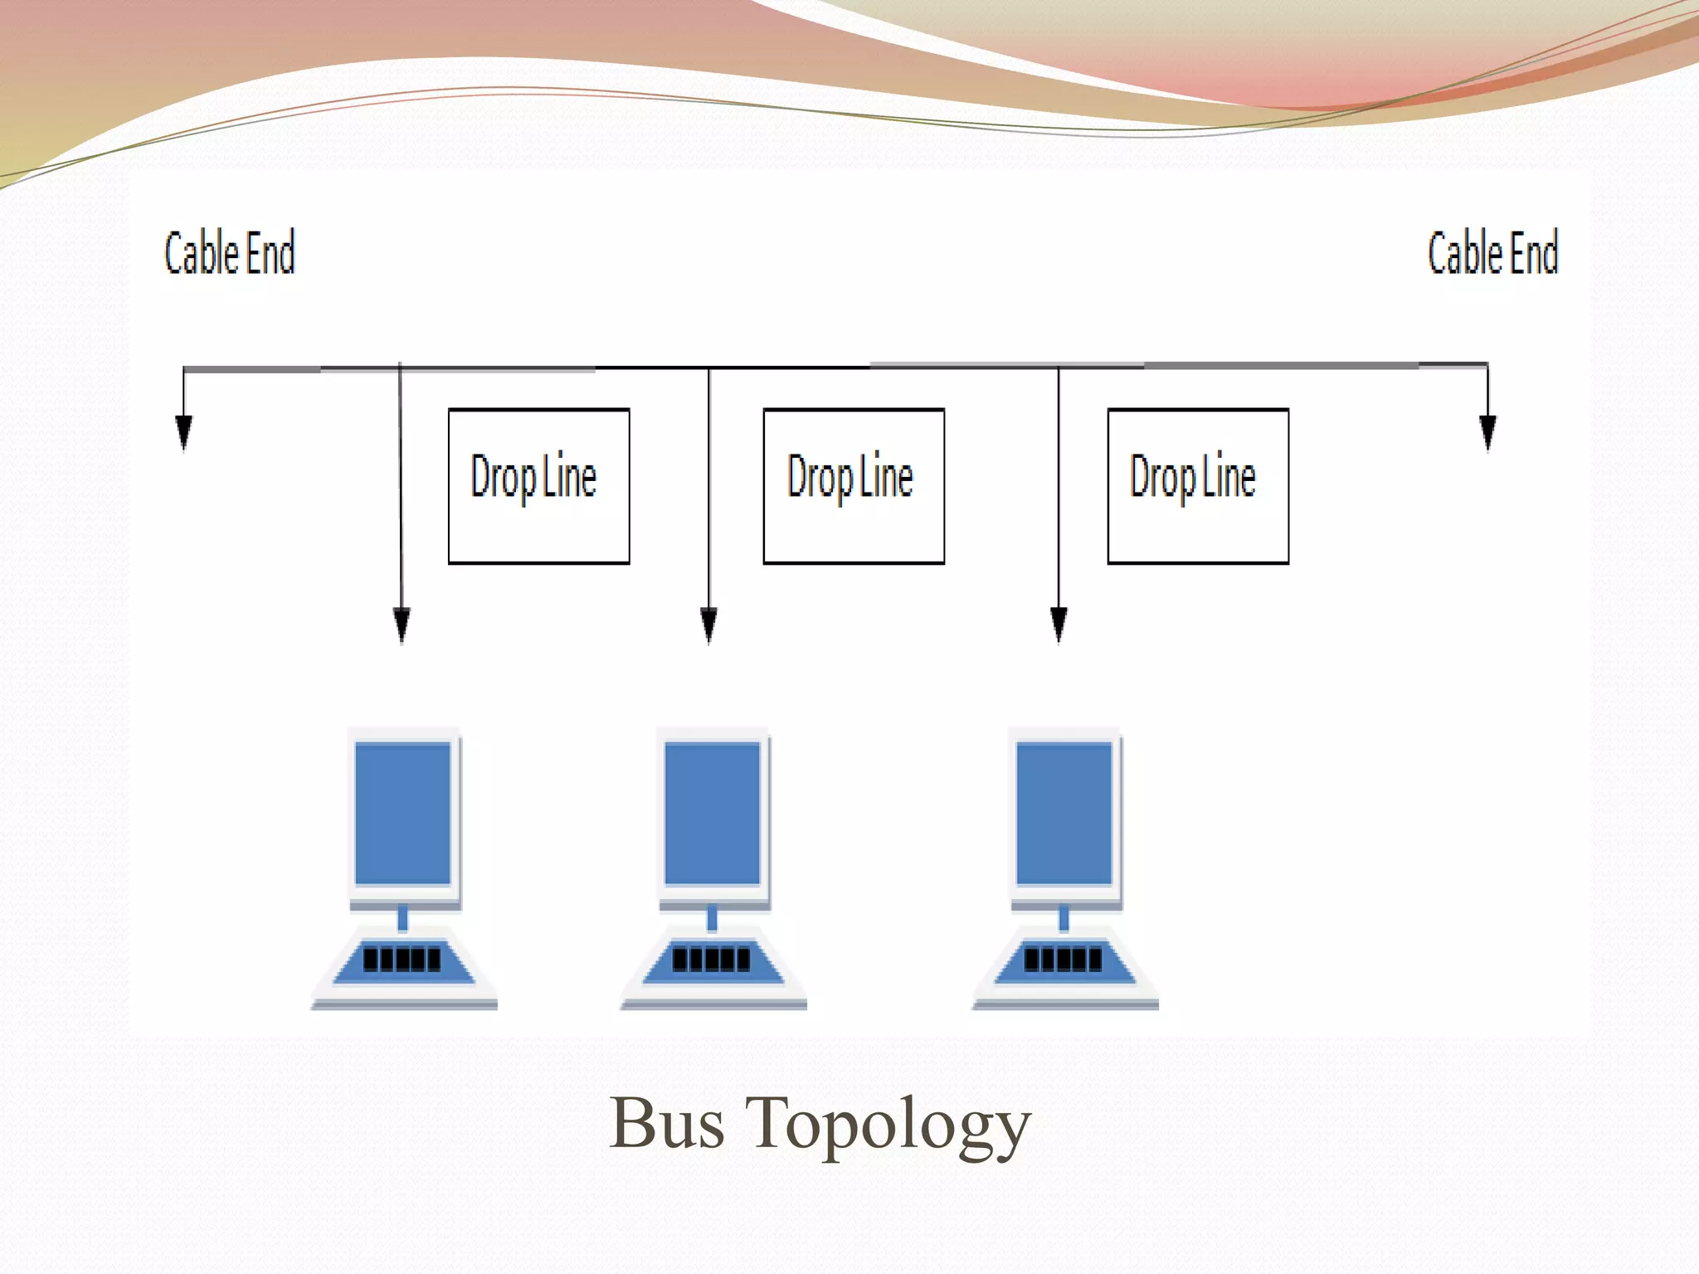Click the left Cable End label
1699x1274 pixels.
point(230,253)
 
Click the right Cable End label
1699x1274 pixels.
point(1492,253)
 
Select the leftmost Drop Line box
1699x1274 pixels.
point(538,486)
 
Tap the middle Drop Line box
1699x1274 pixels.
point(854,486)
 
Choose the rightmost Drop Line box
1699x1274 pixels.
point(1198,486)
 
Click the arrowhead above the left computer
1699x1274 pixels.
point(402,625)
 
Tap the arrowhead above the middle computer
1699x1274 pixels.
point(709,625)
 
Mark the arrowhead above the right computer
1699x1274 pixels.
point(1059,625)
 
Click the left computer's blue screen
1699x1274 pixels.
point(403,813)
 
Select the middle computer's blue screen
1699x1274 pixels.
point(713,813)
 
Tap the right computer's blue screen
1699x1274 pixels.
point(1064,813)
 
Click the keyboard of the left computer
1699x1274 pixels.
point(403,960)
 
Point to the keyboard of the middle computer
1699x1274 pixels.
point(713,960)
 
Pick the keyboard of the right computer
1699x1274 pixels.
point(1064,960)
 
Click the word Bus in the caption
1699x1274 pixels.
point(667,1125)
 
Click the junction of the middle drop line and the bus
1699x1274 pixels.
point(709,367)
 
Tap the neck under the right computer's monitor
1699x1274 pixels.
point(1064,918)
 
